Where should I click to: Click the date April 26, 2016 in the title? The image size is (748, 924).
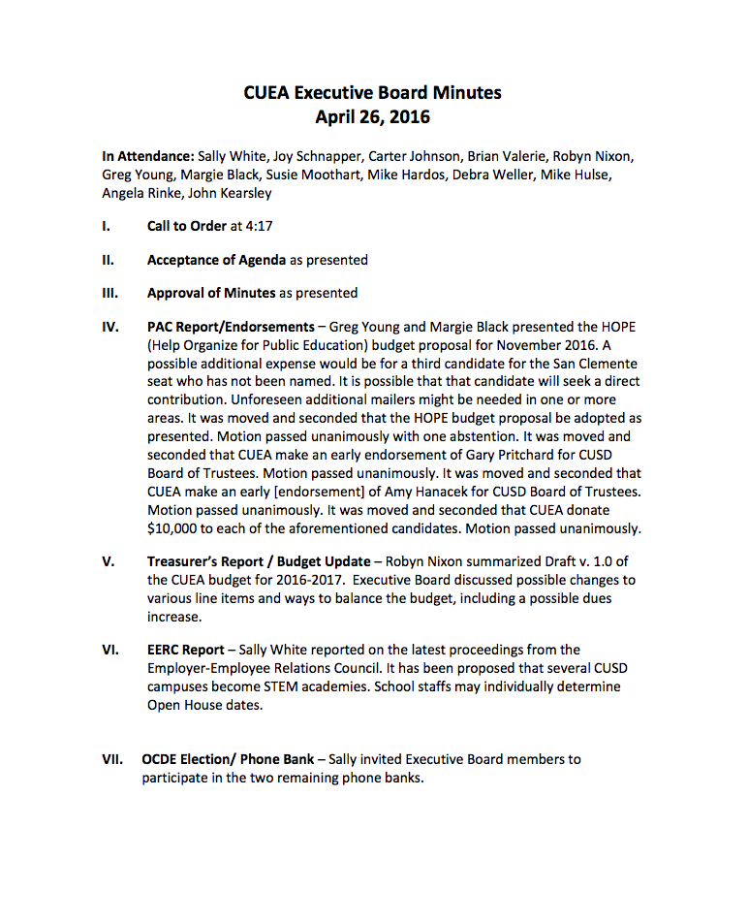click(x=373, y=118)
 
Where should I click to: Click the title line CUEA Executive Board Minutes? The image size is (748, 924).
click(x=373, y=93)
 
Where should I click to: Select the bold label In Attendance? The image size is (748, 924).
click(x=147, y=155)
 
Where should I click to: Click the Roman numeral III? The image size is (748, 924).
click(x=109, y=292)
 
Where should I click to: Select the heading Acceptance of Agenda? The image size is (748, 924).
click(x=216, y=259)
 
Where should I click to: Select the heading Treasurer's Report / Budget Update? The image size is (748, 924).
click(x=258, y=561)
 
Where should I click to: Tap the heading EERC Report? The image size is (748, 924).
click(x=185, y=650)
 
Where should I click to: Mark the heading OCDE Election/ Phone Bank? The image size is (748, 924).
click(x=228, y=759)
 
